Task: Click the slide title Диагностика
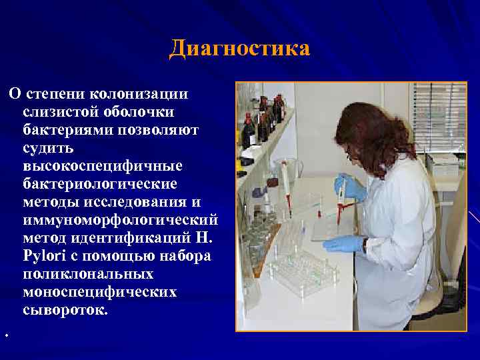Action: coord(239,49)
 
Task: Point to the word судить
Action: coord(49,146)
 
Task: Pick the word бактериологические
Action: coord(100,183)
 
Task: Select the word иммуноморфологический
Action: coord(121,219)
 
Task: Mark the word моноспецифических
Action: coord(99,292)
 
